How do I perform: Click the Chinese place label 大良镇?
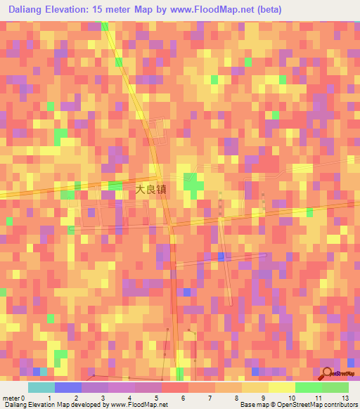151,188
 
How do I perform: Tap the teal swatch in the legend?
41,387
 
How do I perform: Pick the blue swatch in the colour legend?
67,387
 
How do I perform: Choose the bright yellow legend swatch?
282,387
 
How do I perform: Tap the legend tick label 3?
103,397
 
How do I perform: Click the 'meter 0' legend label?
13,397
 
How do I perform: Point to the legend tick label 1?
49,397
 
